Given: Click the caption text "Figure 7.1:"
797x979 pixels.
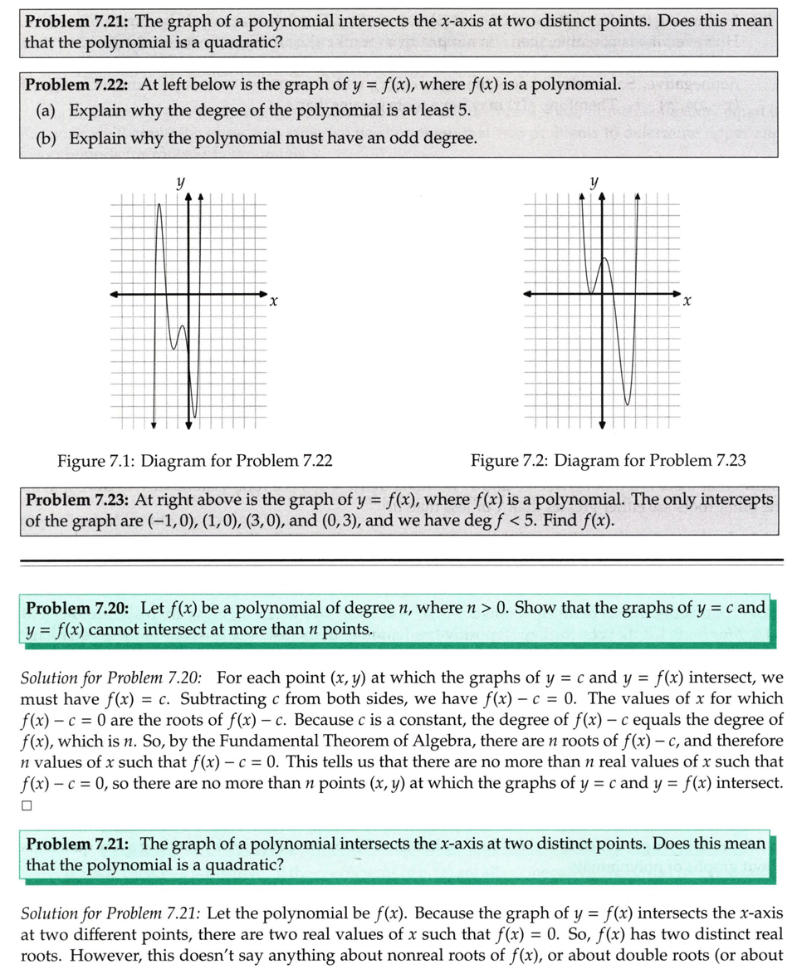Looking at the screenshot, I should point(92,460).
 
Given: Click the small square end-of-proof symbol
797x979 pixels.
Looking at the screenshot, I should point(27,805).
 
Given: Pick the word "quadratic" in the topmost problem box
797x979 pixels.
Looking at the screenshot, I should point(245,42).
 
